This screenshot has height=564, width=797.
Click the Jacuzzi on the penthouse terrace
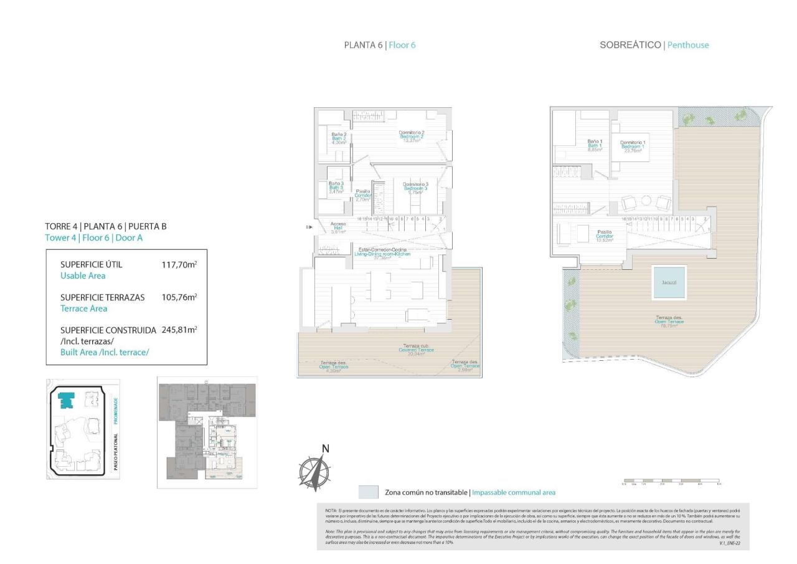669,282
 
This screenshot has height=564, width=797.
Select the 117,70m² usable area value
179,264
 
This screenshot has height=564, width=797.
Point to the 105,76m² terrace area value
179,297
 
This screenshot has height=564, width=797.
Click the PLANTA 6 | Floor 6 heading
379,45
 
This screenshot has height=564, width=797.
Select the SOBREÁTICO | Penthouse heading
654,45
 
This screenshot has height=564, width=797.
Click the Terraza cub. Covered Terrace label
416,350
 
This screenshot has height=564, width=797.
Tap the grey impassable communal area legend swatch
369,492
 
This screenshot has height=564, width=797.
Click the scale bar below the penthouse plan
672,482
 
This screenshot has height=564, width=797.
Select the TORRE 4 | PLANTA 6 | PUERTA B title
106,226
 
